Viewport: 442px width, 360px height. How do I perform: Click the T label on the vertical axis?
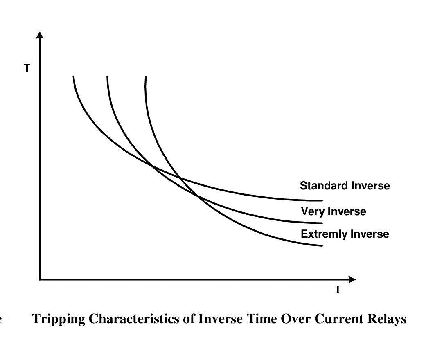coord(27,69)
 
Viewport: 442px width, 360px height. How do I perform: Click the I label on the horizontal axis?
coord(338,290)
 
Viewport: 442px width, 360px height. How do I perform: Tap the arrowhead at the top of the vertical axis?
coord(39,34)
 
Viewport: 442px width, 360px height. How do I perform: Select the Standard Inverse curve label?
coord(345,186)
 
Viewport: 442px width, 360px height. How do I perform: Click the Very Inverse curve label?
coord(333,211)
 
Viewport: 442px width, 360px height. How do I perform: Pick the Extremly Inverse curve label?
coord(345,234)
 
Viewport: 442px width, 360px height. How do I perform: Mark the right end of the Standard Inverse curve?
coord(322,200)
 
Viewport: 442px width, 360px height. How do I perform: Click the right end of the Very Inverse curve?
coord(322,223)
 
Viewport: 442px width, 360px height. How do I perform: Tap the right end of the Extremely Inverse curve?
coord(322,245)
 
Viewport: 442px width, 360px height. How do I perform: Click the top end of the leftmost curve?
coord(74,76)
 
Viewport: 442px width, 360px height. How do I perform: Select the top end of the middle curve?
coord(107,76)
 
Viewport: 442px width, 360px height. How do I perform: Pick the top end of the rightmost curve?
coord(146,76)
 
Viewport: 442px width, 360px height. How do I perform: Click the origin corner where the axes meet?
coord(40,279)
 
